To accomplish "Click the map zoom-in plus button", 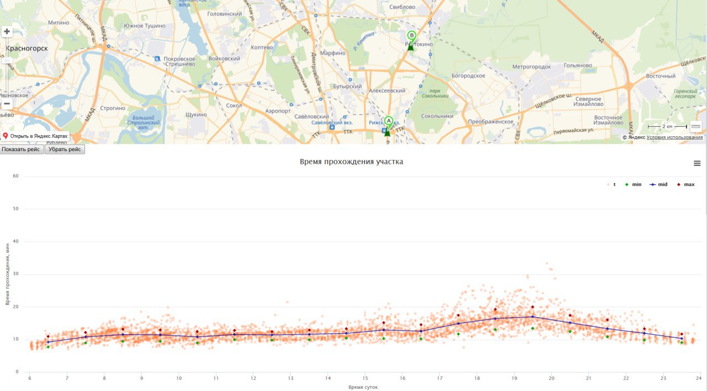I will click(x=7, y=31).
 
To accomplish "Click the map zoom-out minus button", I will click(x=7, y=104).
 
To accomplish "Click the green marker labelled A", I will click(x=388, y=121).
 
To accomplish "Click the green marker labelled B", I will click(x=411, y=36).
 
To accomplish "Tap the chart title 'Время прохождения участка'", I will click(x=351, y=162).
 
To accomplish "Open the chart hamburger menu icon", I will click(x=697, y=163).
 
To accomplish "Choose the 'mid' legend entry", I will click(x=659, y=184).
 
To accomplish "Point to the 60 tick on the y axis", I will click(x=15, y=176).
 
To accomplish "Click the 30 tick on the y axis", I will click(x=15, y=274).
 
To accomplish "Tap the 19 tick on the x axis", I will click(x=514, y=378).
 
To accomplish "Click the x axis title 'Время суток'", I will click(x=363, y=387).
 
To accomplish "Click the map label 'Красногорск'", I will click(x=27, y=49).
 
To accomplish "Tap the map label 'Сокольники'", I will click(x=437, y=116).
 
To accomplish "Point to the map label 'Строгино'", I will click(x=113, y=108).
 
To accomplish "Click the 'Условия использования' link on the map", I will click(x=674, y=137).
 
